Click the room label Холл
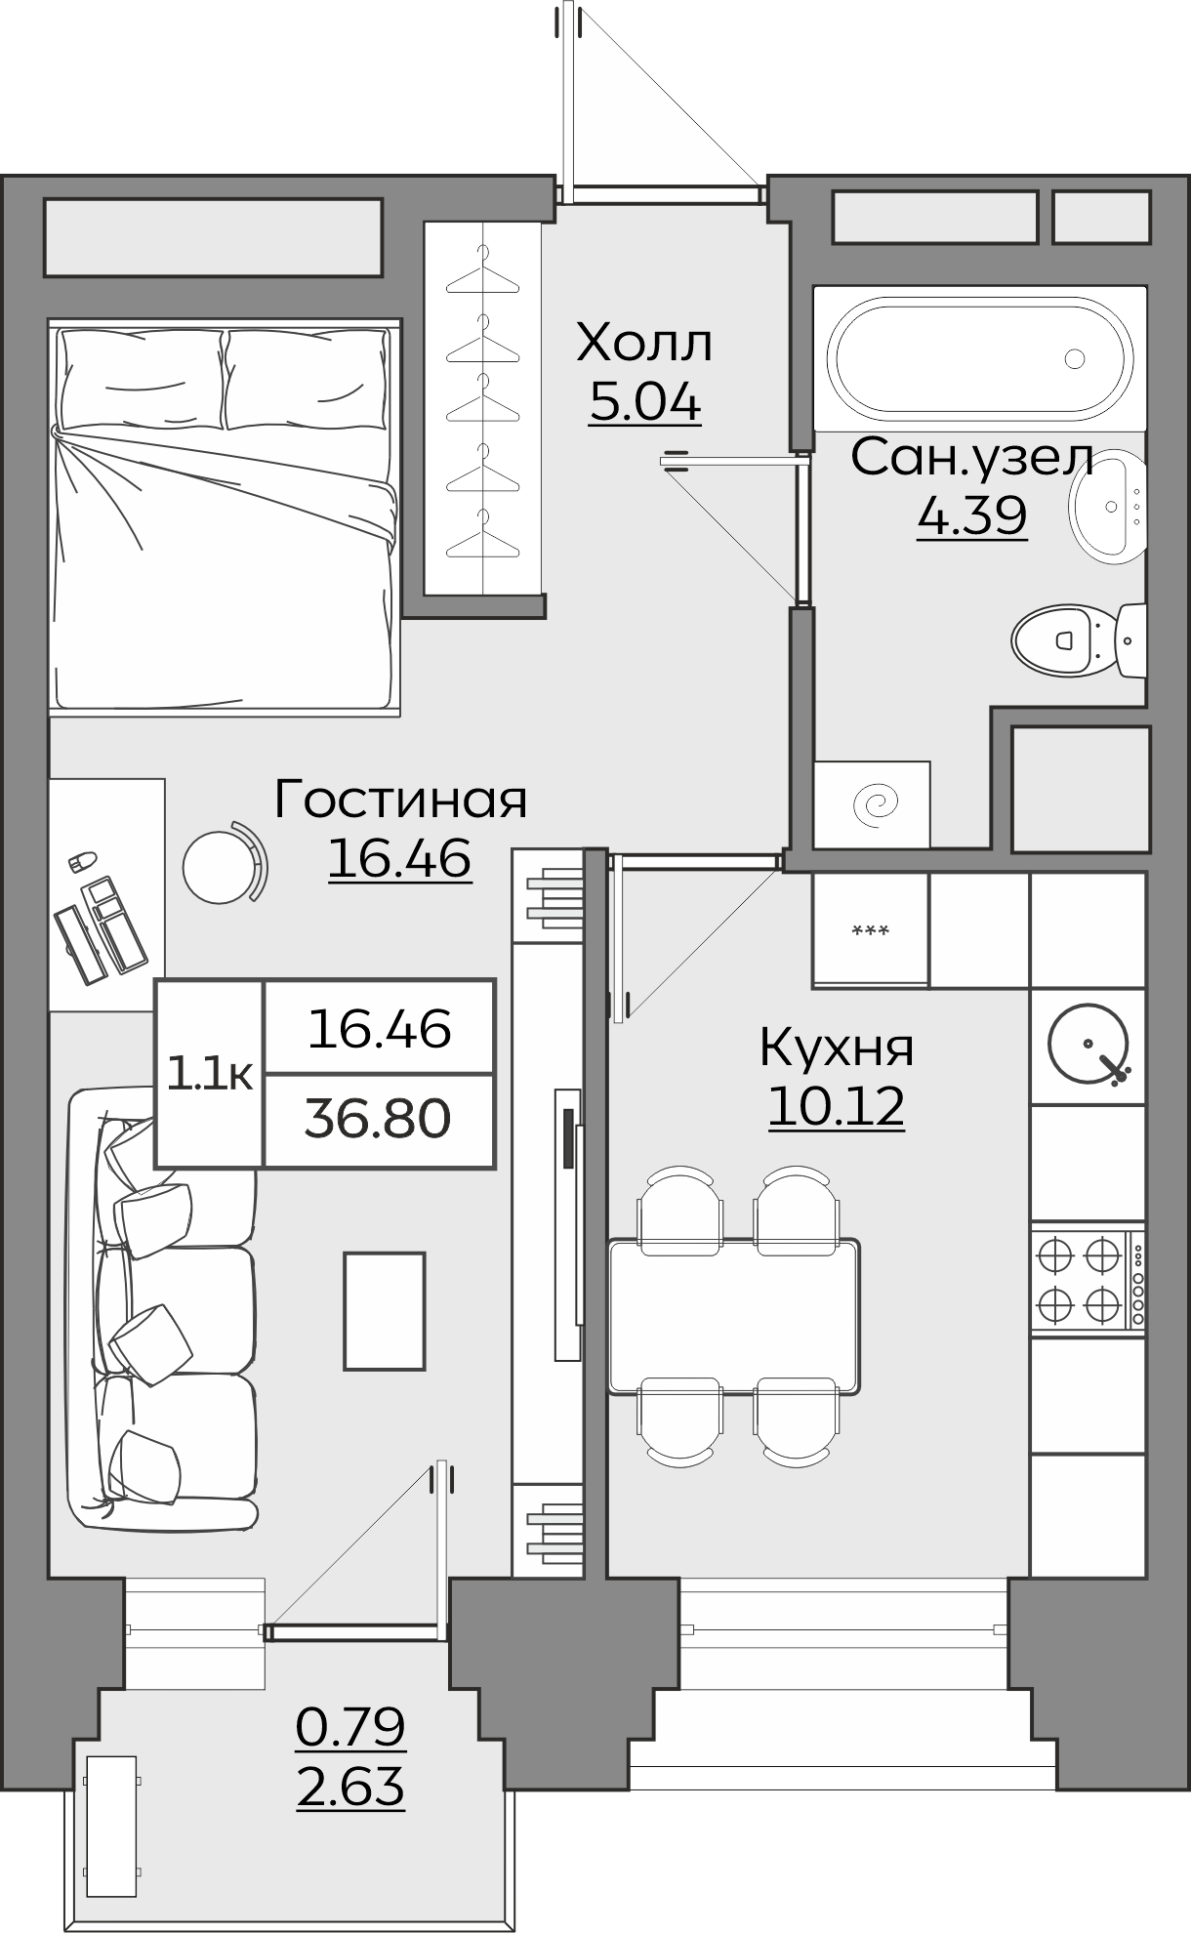(x=644, y=343)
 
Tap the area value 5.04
(x=644, y=402)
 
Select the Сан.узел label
(x=971, y=457)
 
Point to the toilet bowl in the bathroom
(x=1062, y=640)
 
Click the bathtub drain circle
(x=1075, y=359)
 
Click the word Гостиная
(x=400, y=800)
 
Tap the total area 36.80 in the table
(x=378, y=1120)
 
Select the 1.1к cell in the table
(x=210, y=1074)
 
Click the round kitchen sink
(x=1087, y=1043)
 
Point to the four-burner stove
(x=1087, y=1278)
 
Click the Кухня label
(x=837, y=1048)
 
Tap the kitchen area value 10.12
(x=837, y=1106)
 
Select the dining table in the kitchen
(x=734, y=1315)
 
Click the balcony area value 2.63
(x=349, y=1789)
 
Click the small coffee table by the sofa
(x=384, y=1311)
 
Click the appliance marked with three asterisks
(x=870, y=930)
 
